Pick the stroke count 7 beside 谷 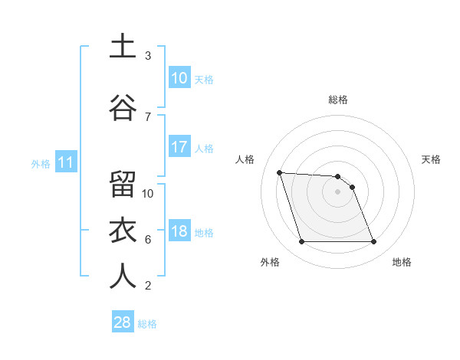(x=147, y=116)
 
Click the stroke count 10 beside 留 (x=148, y=193)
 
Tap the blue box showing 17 (x=179, y=147)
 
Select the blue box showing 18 (x=179, y=231)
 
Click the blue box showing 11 (x=65, y=162)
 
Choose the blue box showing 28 (x=122, y=322)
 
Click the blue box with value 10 (x=179, y=78)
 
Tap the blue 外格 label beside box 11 (x=41, y=163)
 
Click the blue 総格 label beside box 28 (x=147, y=323)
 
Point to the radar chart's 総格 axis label (x=337, y=100)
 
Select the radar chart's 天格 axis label (x=431, y=159)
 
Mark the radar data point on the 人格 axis (x=279, y=172)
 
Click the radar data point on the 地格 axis (x=373, y=242)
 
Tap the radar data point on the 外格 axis (x=301, y=242)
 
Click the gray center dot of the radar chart (x=337, y=191)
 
